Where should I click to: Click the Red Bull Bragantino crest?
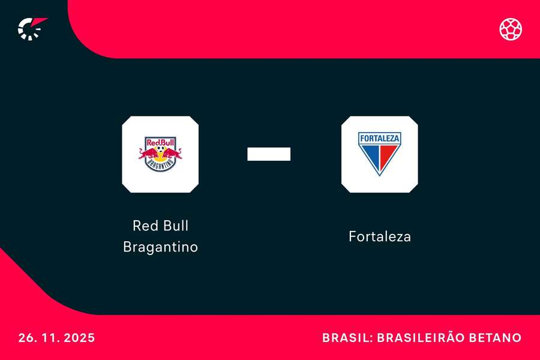click(160, 154)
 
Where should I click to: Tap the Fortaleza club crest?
click(379, 154)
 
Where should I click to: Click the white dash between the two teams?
click(269, 154)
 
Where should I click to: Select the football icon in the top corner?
click(511, 29)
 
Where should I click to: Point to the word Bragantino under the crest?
click(160, 247)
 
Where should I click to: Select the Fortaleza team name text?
click(379, 236)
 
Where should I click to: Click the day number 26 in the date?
click(26, 338)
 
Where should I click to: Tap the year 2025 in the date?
click(78, 338)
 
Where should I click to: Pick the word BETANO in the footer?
click(497, 338)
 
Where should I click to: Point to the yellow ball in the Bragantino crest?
click(160, 153)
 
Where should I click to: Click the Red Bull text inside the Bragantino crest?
click(160, 143)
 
